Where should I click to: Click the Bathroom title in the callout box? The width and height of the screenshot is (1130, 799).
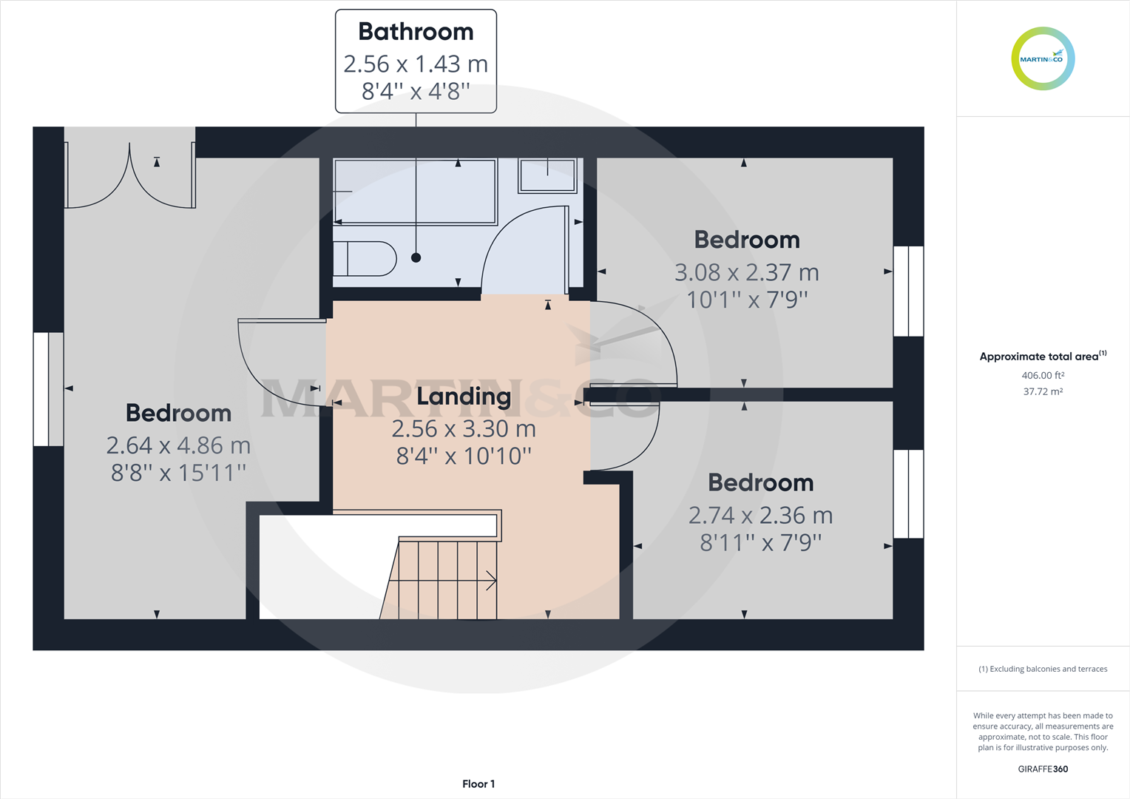pyautogui.click(x=416, y=32)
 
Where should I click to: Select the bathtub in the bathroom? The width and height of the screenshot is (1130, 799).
pyautogui.click(x=415, y=192)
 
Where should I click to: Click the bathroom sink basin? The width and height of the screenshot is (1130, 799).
pyautogui.click(x=547, y=176)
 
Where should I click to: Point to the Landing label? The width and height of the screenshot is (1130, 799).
pyautogui.click(x=464, y=397)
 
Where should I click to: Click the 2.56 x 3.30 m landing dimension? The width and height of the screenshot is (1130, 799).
pyautogui.click(x=464, y=429)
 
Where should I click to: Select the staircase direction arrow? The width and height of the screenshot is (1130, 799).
pyautogui.click(x=490, y=581)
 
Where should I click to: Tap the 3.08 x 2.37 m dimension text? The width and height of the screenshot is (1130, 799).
pyautogui.click(x=746, y=273)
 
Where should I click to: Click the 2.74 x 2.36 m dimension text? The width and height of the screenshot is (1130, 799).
pyautogui.click(x=760, y=516)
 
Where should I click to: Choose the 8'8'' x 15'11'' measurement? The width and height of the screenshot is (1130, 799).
pyautogui.click(x=178, y=473)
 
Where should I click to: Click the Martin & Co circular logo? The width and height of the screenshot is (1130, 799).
pyautogui.click(x=1043, y=59)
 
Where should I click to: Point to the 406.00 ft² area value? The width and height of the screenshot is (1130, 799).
pyautogui.click(x=1043, y=376)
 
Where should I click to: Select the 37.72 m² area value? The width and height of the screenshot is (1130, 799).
pyautogui.click(x=1043, y=392)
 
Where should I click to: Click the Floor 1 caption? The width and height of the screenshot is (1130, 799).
pyautogui.click(x=478, y=784)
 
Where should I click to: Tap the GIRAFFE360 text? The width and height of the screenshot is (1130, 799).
pyautogui.click(x=1043, y=769)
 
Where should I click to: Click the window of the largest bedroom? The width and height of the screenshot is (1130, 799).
pyautogui.click(x=49, y=389)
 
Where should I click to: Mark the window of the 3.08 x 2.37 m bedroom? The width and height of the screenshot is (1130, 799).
pyautogui.click(x=908, y=291)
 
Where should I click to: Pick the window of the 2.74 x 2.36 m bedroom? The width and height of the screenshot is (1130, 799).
pyautogui.click(x=908, y=493)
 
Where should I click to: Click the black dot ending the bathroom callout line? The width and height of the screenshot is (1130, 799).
pyautogui.click(x=416, y=257)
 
